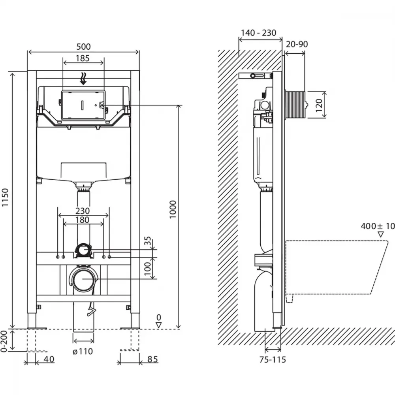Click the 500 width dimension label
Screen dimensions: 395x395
coord(83,47)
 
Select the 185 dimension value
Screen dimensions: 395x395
coord(83,58)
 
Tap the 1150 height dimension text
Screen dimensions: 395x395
coord(5,197)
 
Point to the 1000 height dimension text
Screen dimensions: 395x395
coord(173,209)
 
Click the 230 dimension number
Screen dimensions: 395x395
coord(83,211)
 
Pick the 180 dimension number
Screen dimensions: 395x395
coord(83,220)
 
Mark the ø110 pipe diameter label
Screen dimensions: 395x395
coord(83,351)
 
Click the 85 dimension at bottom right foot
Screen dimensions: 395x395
coord(152,359)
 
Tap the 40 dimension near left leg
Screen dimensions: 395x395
coord(49,359)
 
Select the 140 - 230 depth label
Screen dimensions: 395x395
coord(259,33)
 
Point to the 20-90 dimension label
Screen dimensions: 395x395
coord(297,44)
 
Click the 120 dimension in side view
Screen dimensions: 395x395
coord(319,105)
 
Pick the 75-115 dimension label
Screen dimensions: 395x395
coord(273,359)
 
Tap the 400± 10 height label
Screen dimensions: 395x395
coord(378,226)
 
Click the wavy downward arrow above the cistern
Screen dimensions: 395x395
coord(83,79)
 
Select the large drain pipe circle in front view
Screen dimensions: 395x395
coord(83,279)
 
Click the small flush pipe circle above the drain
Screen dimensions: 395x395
coord(83,250)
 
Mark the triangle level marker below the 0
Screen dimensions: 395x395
coord(159,325)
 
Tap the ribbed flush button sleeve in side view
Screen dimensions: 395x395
coord(295,104)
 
